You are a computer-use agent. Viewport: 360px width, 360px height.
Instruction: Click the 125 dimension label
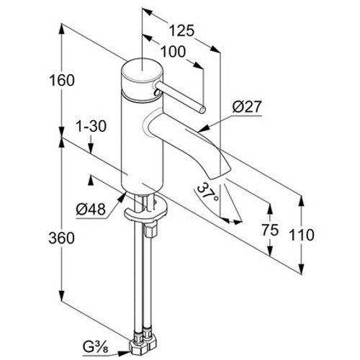[181, 31]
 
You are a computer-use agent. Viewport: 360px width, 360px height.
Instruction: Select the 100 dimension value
[173, 52]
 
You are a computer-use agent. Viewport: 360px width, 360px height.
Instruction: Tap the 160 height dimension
[62, 80]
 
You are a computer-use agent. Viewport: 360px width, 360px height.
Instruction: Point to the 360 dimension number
[62, 238]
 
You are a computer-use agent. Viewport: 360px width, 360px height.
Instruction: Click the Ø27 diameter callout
[246, 107]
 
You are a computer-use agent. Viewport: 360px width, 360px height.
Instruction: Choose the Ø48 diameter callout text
[91, 210]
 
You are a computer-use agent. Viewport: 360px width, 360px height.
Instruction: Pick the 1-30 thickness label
[91, 126]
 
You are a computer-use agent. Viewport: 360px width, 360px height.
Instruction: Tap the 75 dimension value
[270, 230]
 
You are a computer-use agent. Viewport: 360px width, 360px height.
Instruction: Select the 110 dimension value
[302, 235]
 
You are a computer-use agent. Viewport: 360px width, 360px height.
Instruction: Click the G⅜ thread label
[96, 346]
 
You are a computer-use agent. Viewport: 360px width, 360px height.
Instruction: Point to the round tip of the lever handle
[203, 109]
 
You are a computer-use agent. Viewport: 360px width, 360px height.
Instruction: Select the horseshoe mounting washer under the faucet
[145, 211]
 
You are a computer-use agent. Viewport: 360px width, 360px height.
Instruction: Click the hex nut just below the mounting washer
[150, 230]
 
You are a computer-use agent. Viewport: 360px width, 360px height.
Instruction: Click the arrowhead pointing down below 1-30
[91, 148]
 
